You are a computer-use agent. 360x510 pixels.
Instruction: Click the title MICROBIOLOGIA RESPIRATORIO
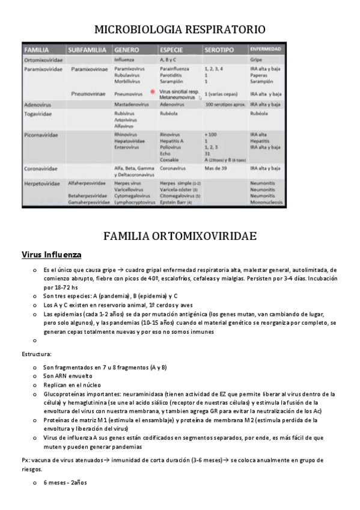(x=180, y=29)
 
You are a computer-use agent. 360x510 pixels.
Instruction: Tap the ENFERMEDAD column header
(x=265, y=49)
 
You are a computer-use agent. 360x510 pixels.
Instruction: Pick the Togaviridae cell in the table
(x=38, y=112)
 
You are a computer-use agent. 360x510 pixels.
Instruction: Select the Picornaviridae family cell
(x=41, y=135)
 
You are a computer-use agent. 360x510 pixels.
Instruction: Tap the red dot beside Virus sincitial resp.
(x=153, y=91)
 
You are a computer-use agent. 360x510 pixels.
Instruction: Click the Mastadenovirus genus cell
(x=132, y=104)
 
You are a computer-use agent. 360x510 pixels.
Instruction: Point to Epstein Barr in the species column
(x=174, y=203)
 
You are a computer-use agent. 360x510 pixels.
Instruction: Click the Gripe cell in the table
(x=257, y=60)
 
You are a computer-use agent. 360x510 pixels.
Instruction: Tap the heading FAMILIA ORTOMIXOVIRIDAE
(x=180, y=235)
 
